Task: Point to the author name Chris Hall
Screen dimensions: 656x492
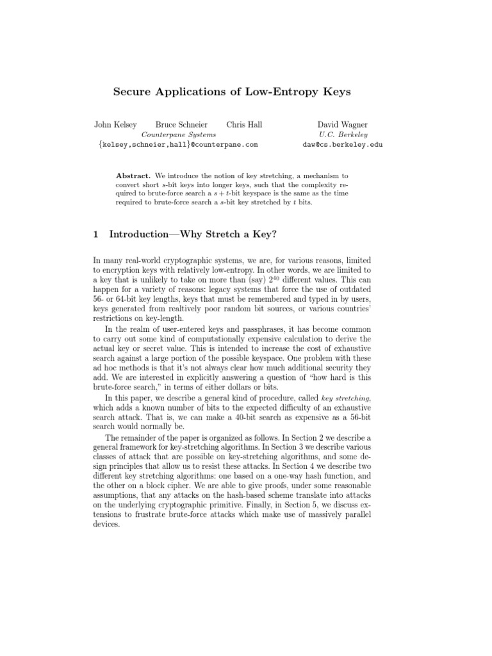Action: [x=244, y=125]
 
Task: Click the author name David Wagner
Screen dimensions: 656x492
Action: [x=343, y=125]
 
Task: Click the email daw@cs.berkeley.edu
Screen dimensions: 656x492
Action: [x=343, y=145]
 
